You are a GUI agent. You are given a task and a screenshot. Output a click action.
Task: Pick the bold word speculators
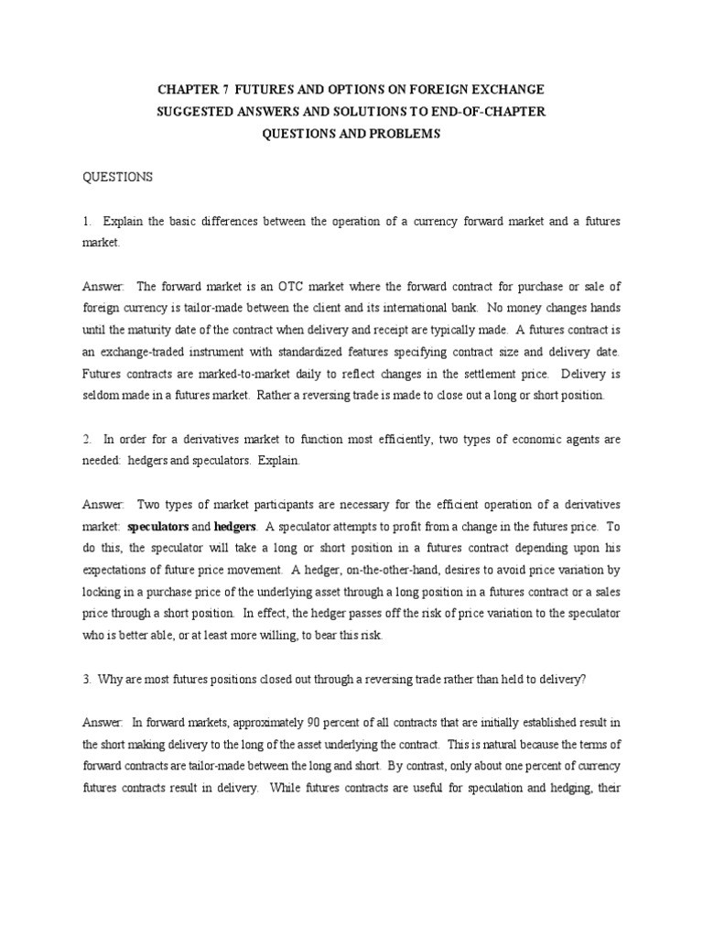pos(157,527)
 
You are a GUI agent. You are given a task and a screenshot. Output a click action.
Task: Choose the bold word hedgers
pos(235,527)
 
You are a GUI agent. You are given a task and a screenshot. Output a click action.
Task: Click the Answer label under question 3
pos(102,724)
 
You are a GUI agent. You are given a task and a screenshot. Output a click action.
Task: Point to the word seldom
pos(100,396)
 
